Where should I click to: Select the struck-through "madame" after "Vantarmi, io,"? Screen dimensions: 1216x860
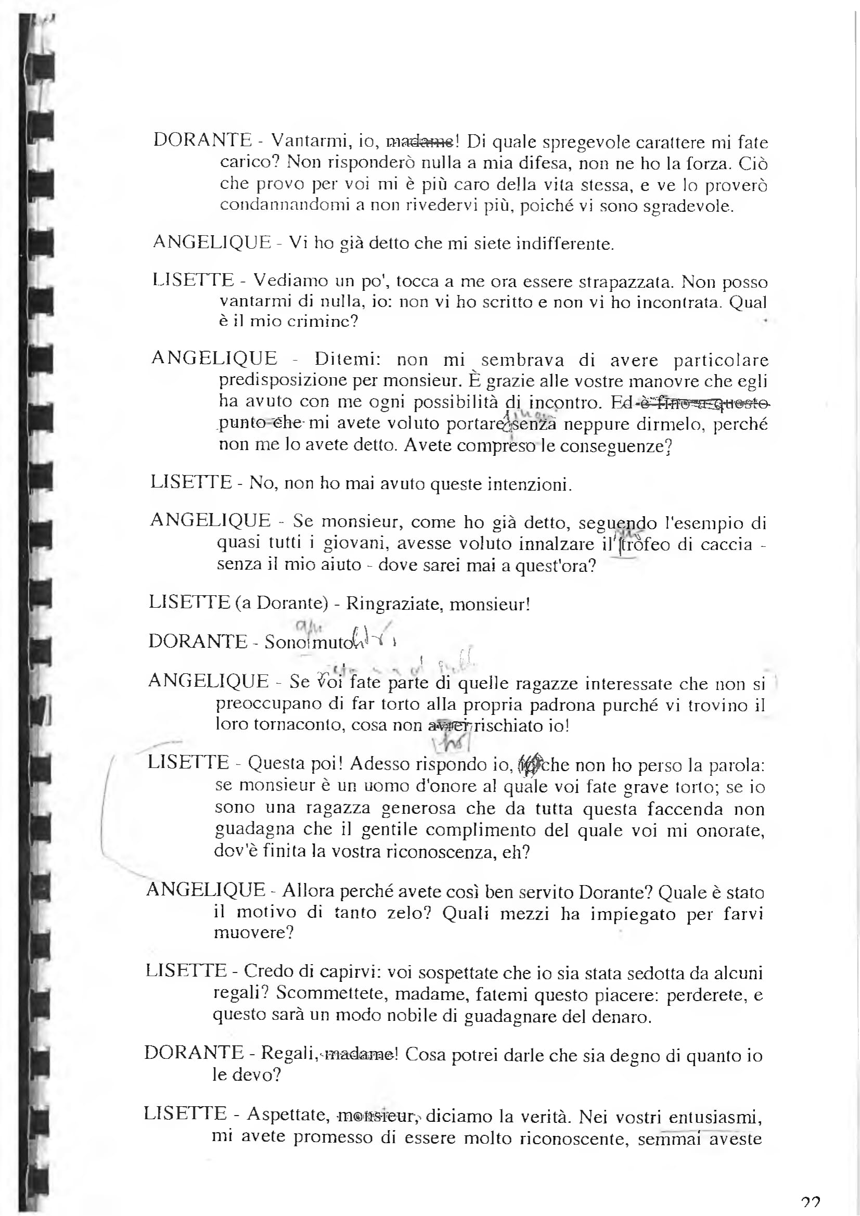(x=419, y=142)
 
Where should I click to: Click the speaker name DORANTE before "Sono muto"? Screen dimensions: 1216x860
(x=198, y=642)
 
